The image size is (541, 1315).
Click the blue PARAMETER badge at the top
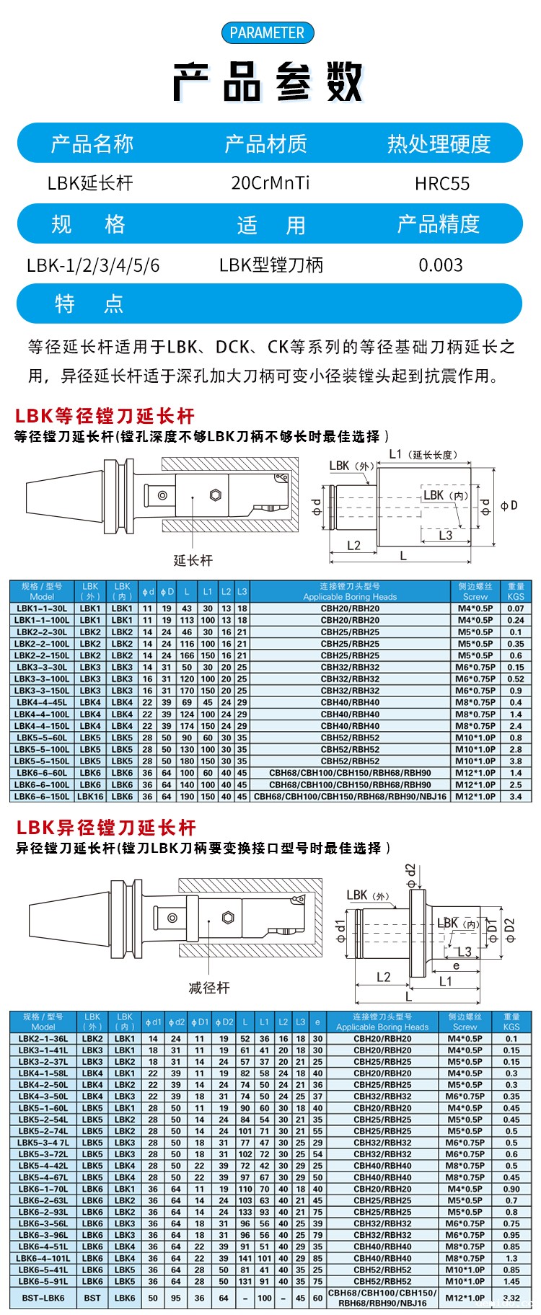pos(267,32)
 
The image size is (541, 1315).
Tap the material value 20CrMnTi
pos(270,183)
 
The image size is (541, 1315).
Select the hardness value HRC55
pos(441,184)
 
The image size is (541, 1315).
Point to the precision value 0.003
pos(441,265)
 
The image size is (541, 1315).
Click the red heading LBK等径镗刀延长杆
pos(105,416)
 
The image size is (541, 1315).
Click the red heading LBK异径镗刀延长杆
pos(106,828)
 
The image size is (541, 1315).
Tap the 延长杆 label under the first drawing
pos(193,560)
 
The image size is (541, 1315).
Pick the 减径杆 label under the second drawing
pos(208,988)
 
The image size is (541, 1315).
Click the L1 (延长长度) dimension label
pos(423,454)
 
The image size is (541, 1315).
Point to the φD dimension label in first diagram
pos(509,505)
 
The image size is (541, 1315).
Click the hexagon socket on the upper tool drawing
pos(215,495)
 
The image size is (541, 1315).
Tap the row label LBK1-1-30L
pos(42,608)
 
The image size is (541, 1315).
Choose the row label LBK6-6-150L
pos(42,797)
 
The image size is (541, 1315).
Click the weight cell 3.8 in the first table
pos(516,761)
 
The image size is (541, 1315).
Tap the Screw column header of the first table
pos(475,592)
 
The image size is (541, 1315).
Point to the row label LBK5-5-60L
pos(42,738)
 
